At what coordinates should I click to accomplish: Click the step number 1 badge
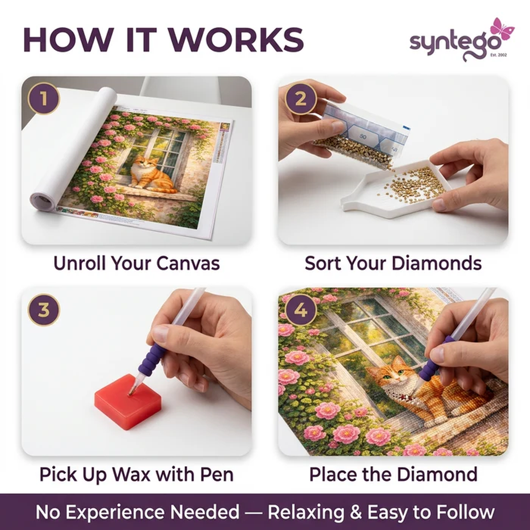tap(43, 99)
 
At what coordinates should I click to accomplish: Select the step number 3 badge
tap(43, 310)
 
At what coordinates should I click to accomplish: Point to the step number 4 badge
tap(301, 310)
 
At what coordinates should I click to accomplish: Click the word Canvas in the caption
tap(188, 263)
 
